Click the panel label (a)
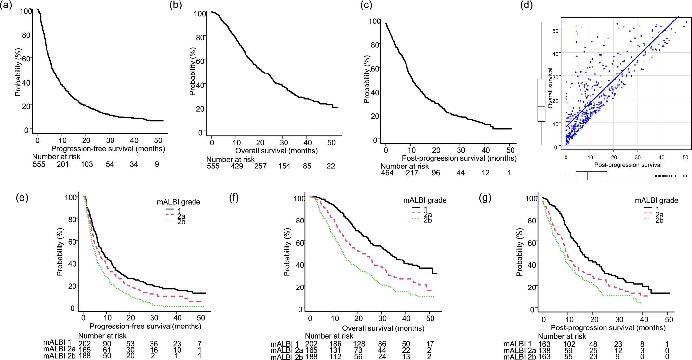(x=6, y=6)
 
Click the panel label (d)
(x=526, y=6)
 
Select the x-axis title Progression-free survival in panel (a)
(x=108, y=149)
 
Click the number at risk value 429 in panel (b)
(x=237, y=166)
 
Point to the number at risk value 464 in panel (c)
(x=387, y=173)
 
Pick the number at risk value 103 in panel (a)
(x=87, y=164)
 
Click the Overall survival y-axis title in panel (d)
(x=550, y=88)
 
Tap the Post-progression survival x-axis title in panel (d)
(x=628, y=165)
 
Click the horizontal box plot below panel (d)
(x=591, y=176)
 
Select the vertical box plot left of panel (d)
(x=541, y=100)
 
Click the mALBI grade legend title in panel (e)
(x=178, y=202)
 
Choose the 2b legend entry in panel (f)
(x=427, y=220)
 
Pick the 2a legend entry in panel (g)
(x=659, y=215)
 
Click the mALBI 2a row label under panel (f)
(x=286, y=350)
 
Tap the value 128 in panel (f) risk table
(x=359, y=344)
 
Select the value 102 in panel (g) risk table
(x=569, y=344)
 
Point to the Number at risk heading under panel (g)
(x=562, y=336)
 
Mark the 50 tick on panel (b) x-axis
(x=331, y=143)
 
